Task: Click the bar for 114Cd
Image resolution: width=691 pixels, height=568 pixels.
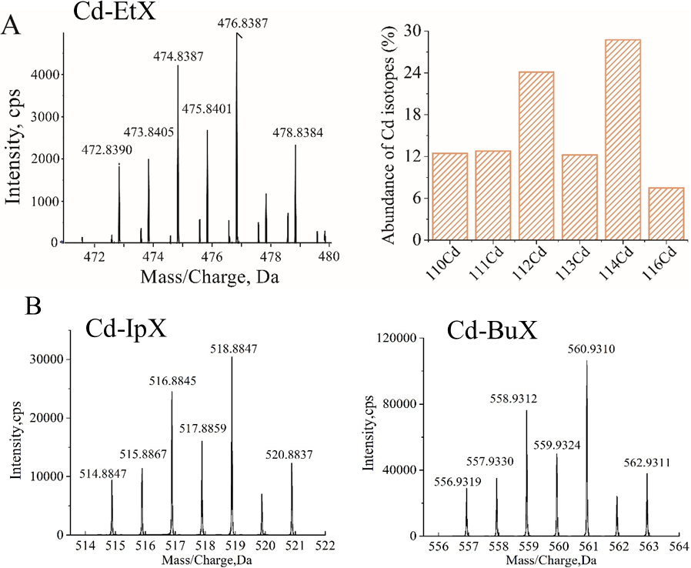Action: coord(623,139)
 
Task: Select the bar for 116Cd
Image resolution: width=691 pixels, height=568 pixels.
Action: coord(666,213)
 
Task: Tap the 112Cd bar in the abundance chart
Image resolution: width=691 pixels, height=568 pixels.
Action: coord(536,155)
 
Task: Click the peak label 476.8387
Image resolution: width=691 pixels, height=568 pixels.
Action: coord(243,24)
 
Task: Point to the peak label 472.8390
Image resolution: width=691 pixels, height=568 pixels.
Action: coord(107,148)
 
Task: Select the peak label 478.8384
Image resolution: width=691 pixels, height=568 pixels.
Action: coord(298,133)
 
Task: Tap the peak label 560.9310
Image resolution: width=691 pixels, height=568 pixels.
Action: coord(586,349)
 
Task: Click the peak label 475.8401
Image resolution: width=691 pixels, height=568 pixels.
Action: coord(206,109)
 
